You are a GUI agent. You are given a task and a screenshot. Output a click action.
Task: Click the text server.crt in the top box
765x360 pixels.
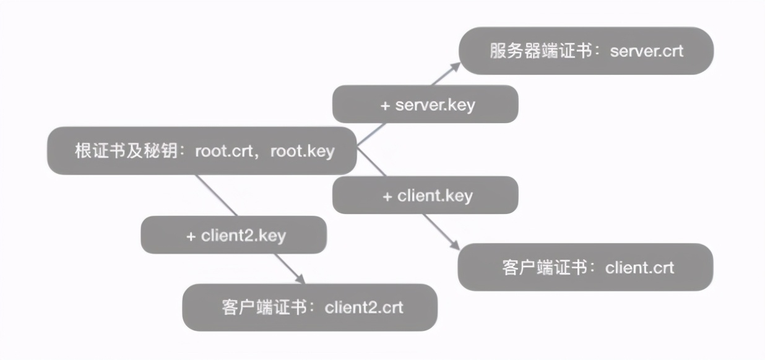(647, 50)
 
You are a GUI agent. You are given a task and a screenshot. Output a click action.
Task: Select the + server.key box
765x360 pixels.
(425, 104)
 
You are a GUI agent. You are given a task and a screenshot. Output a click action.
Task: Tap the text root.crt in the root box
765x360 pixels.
(222, 150)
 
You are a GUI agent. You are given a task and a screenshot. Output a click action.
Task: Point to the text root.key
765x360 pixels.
(302, 150)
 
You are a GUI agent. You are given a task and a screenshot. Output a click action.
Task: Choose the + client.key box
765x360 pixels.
(425, 195)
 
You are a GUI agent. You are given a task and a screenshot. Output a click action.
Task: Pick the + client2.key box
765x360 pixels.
(233, 235)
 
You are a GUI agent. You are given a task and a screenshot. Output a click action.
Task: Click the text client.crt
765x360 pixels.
(639, 267)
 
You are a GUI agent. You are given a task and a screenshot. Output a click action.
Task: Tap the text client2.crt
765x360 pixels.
(364, 307)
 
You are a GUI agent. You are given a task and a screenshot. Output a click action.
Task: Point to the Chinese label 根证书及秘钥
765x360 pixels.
(127, 150)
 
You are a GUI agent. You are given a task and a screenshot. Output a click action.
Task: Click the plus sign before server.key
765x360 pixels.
(385, 105)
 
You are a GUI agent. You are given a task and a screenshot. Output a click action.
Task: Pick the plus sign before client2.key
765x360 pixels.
(191, 236)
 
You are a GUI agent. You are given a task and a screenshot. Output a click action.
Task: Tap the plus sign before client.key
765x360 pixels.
(387, 196)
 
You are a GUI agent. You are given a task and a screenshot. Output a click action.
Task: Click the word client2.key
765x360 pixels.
(243, 235)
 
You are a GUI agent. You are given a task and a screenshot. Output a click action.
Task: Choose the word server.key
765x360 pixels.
(435, 104)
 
